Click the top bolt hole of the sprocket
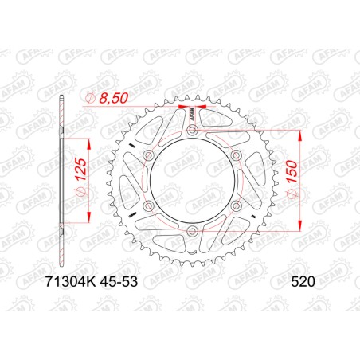pyautogui.click(x=192, y=128)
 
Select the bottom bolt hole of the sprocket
pyautogui.click(x=192, y=232)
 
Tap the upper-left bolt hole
pyautogui.click(x=148, y=155)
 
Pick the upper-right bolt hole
pyautogui.click(x=237, y=155)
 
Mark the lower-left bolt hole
pyautogui.click(x=148, y=206)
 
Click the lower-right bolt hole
pyautogui.click(x=237, y=206)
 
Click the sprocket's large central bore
pyautogui.click(x=192, y=181)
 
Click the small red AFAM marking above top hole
pyautogui.click(x=192, y=112)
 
